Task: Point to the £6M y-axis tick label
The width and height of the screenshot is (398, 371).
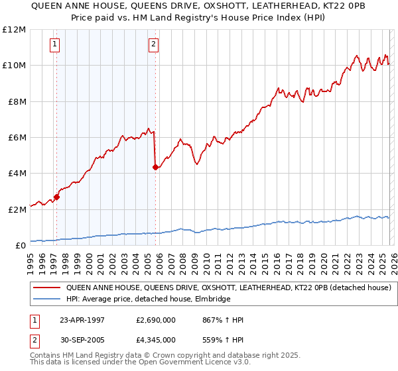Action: [x=15, y=138]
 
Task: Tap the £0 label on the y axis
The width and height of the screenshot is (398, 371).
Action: [x=20, y=246]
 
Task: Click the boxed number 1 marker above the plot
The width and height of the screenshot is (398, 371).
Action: [x=54, y=44]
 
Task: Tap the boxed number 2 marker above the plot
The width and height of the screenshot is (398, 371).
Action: [x=153, y=44]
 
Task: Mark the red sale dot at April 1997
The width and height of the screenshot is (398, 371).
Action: [x=57, y=197]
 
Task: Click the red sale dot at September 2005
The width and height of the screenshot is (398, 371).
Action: [x=155, y=167]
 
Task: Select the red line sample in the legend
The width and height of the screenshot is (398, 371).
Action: [x=47, y=288]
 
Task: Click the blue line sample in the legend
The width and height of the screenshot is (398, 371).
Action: [x=47, y=299]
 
